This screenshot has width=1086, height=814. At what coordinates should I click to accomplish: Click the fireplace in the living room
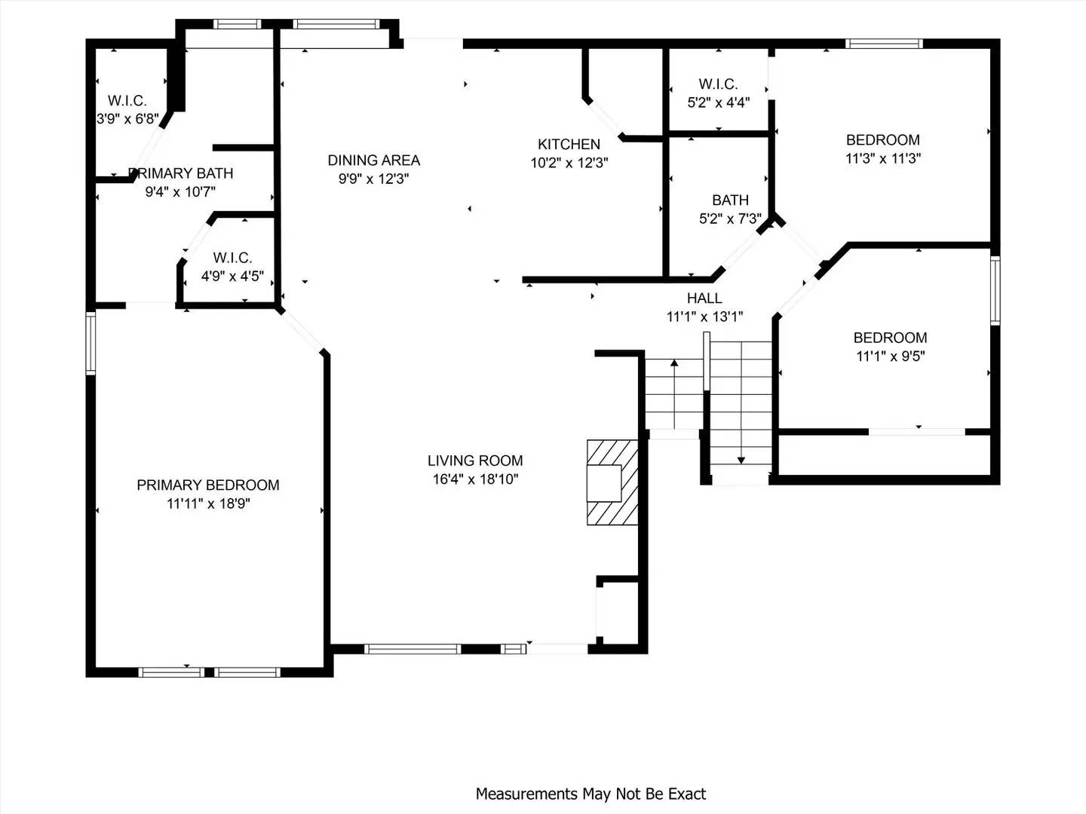click(612, 482)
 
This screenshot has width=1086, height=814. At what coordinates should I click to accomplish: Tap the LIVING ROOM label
click(475, 461)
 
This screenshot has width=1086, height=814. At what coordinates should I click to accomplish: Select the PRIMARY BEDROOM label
click(208, 485)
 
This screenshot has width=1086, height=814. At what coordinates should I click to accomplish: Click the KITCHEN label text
click(569, 144)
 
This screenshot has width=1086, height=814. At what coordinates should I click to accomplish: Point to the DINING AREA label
click(373, 160)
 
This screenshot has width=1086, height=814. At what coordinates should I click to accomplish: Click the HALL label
click(704, 298)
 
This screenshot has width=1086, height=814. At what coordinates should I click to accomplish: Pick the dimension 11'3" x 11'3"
click(882, 158)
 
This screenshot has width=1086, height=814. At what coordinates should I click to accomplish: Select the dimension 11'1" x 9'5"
click(890, 356)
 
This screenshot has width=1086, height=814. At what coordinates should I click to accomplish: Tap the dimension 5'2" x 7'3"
click(730, 219)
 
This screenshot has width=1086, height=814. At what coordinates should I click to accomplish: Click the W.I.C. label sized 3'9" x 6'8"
click(127, 100)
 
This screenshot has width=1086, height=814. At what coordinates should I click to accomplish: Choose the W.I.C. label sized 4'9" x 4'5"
click(232, 258)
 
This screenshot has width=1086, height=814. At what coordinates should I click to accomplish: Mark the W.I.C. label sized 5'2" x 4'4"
click(718, 84)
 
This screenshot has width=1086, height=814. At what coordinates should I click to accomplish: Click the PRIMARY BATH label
click(181, 173)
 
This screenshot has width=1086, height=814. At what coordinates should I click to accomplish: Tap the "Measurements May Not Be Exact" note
click(591, 794)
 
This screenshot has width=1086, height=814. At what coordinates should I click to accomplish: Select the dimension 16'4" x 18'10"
click(475, 479)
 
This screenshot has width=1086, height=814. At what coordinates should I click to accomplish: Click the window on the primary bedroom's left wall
click(90, 344)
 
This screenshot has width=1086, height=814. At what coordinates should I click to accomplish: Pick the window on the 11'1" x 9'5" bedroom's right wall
click(995, 290)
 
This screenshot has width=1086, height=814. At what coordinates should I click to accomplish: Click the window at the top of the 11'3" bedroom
click(884, 44)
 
